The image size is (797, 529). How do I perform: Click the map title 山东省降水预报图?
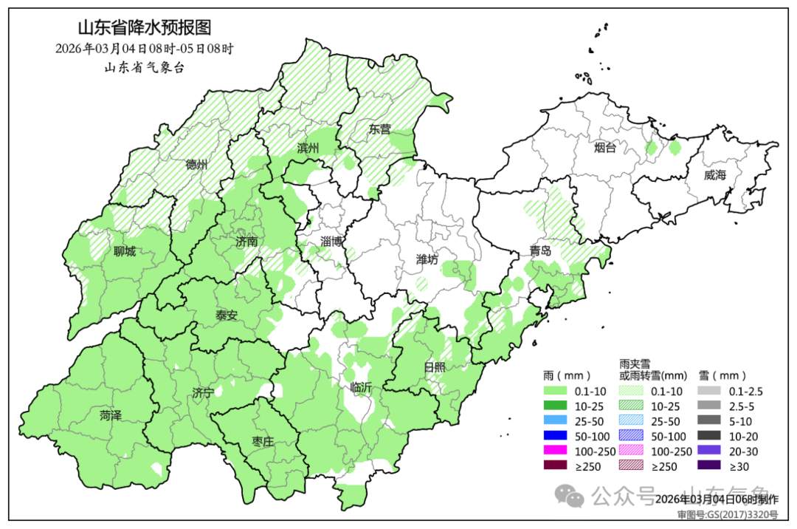145,28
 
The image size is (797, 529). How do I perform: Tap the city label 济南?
246,242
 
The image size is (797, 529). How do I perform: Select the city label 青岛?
539,250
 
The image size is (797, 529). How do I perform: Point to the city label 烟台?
604,148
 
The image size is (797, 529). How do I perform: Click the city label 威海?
714,175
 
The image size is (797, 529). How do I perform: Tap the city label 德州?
196,164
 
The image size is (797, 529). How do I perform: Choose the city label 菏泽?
111,416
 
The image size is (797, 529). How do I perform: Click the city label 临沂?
361,386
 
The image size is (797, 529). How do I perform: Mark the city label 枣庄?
262,441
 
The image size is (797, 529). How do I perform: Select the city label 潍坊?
427,259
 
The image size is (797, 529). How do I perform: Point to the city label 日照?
435,367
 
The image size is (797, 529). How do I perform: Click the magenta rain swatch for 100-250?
554,451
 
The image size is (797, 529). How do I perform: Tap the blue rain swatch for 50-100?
554,436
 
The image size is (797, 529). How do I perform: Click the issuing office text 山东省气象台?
145,67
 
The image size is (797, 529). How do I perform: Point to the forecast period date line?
145,49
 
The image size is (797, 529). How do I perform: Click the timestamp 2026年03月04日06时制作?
716,499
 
